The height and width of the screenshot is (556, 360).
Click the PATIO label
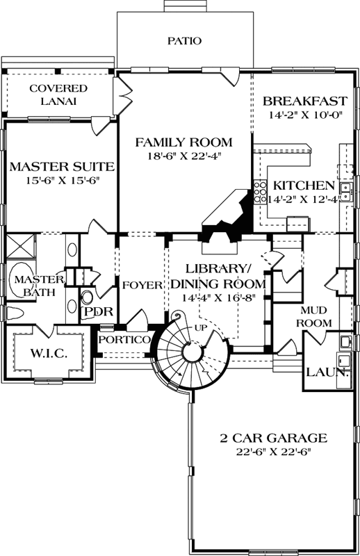(x=184, y=41)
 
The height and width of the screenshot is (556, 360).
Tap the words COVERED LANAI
(x=58, y=95)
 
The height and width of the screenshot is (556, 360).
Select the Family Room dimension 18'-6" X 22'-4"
(x=183, y=156)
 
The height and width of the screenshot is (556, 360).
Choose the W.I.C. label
(x=49, y=354)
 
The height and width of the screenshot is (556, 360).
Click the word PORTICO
(x=124, y=340)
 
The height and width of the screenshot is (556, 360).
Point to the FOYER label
(x=142, y=286)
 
